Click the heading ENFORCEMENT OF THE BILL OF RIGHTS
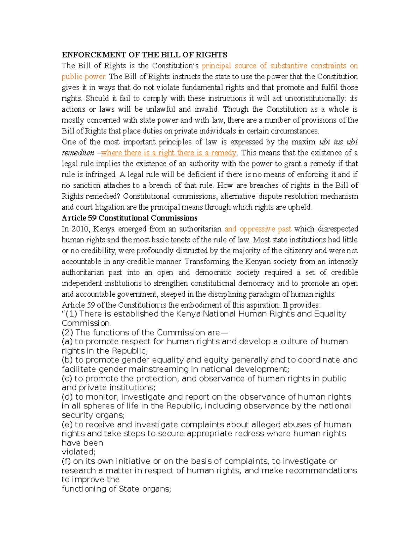coord(144,55)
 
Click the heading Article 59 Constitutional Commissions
coord(129,218)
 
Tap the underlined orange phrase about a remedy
coord(169,153)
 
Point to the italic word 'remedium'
coord(78,153)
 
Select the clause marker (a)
coord(67,342)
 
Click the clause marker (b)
coord(67,360)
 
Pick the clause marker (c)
coord(67,378)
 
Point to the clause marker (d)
coord(67,397)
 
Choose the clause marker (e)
coord(67,425)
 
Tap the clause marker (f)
coord(66,461)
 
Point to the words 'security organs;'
coord(93,415)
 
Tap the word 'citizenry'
coord(298,250)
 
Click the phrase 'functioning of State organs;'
coord(116,489)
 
